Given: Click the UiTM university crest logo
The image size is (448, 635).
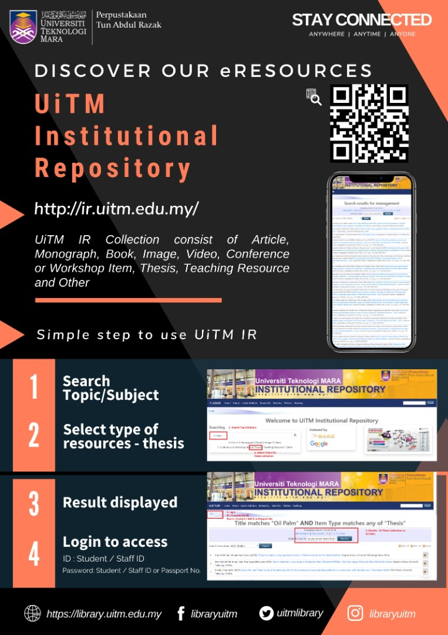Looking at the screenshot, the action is [23, 27].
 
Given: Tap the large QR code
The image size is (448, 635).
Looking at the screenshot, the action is [369, 124].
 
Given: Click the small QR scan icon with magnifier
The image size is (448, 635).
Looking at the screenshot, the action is [314, 98].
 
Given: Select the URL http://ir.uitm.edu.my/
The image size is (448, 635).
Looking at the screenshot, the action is [117, 209].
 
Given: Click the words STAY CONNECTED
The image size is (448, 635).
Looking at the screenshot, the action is [362, 20].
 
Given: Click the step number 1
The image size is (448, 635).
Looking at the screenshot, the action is [34, 387].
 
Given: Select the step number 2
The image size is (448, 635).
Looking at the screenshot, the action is [34, 436].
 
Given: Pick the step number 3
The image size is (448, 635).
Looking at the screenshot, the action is [34, 503].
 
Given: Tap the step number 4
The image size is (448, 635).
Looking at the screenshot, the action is [34, 553].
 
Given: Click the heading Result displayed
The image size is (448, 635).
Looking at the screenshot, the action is [120, 503].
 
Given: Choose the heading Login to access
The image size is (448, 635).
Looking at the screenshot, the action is [115, 542].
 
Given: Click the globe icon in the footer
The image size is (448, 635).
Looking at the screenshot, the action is [32, 614].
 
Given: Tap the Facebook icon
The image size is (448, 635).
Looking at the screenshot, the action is [181, 614].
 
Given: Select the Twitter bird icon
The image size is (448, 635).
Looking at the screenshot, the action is [267, 613].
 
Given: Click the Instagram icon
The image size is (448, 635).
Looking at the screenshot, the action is [355, 614].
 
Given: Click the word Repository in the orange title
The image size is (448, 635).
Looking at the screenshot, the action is [113, 168].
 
